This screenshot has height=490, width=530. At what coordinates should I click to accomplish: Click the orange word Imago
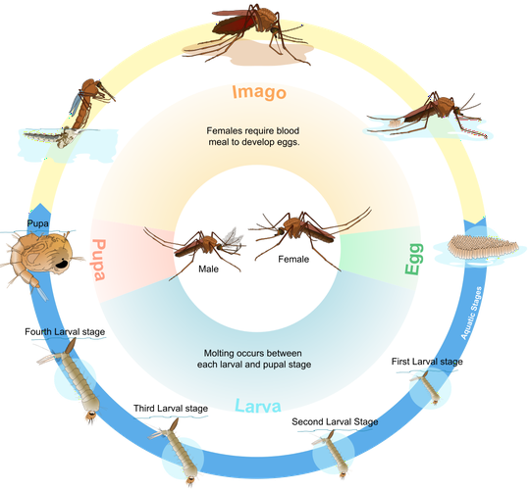click(259, 92)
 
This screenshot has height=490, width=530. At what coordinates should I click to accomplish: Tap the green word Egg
click(414, 259)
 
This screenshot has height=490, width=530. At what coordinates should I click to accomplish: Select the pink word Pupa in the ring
click(99, 260)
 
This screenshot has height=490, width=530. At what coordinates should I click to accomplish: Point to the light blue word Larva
click(257, 406)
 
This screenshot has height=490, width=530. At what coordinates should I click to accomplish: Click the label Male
click(208, 269)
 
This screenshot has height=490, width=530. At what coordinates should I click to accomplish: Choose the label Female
click(293, 259)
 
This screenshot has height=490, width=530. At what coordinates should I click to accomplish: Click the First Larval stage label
click(427, 362)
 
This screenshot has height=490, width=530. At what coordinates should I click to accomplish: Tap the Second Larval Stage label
click(335, 421)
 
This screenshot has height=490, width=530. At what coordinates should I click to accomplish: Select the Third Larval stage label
click(171, 409)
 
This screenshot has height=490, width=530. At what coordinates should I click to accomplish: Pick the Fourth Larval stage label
click(65, 332)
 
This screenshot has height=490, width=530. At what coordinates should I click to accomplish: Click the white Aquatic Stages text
click(471, 313)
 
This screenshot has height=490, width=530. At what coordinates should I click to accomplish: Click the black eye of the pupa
click(61, 265)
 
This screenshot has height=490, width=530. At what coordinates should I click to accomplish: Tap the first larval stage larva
click(428, 387)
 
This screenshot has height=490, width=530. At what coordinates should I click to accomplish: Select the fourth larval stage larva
click(76, 379)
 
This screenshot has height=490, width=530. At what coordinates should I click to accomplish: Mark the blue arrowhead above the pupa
click(40, 209)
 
